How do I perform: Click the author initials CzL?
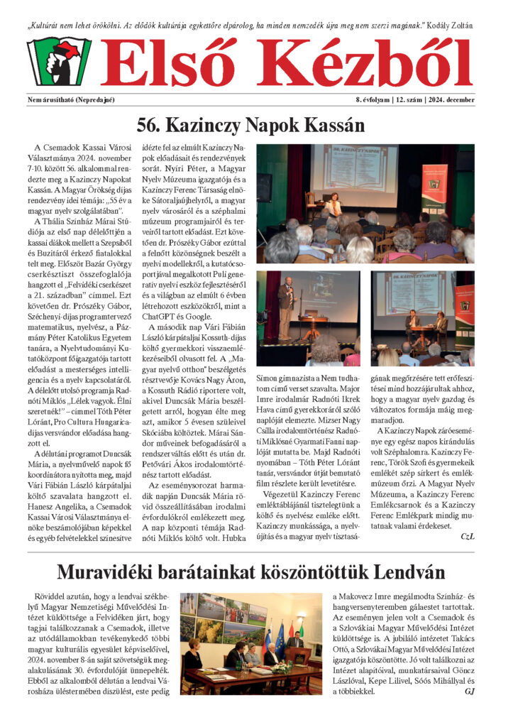click(x=467, y=536)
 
